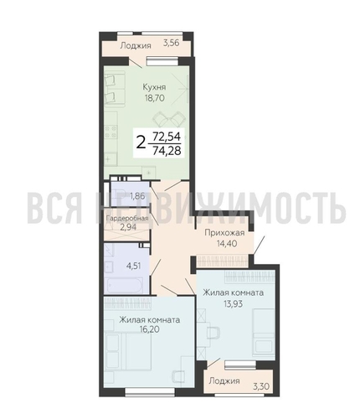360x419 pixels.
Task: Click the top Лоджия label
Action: (x=136, y=46)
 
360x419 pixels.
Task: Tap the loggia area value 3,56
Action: (x=172, y=42)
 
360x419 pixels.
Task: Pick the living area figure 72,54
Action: (x=164, y=134)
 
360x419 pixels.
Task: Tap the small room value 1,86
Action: (x=136, y=199)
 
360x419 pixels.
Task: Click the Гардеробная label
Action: (x=126, y=219)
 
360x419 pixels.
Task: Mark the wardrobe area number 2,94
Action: (x=126, y=227)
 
